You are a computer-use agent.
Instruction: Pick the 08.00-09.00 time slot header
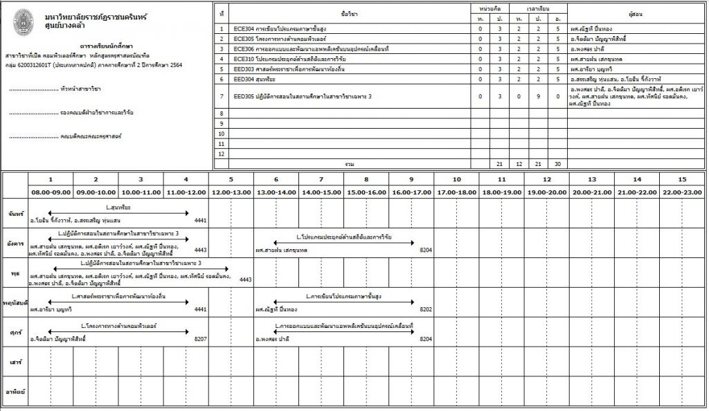(50, 192)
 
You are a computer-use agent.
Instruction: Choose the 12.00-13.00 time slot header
(231, 192)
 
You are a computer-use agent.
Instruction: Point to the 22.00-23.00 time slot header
(681, 192)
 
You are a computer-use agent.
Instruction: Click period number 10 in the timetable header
(456, 179)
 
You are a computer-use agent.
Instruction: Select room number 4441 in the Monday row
(201, 219)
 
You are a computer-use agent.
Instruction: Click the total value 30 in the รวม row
(557, 164)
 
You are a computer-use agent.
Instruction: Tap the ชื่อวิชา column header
(350, 14)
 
